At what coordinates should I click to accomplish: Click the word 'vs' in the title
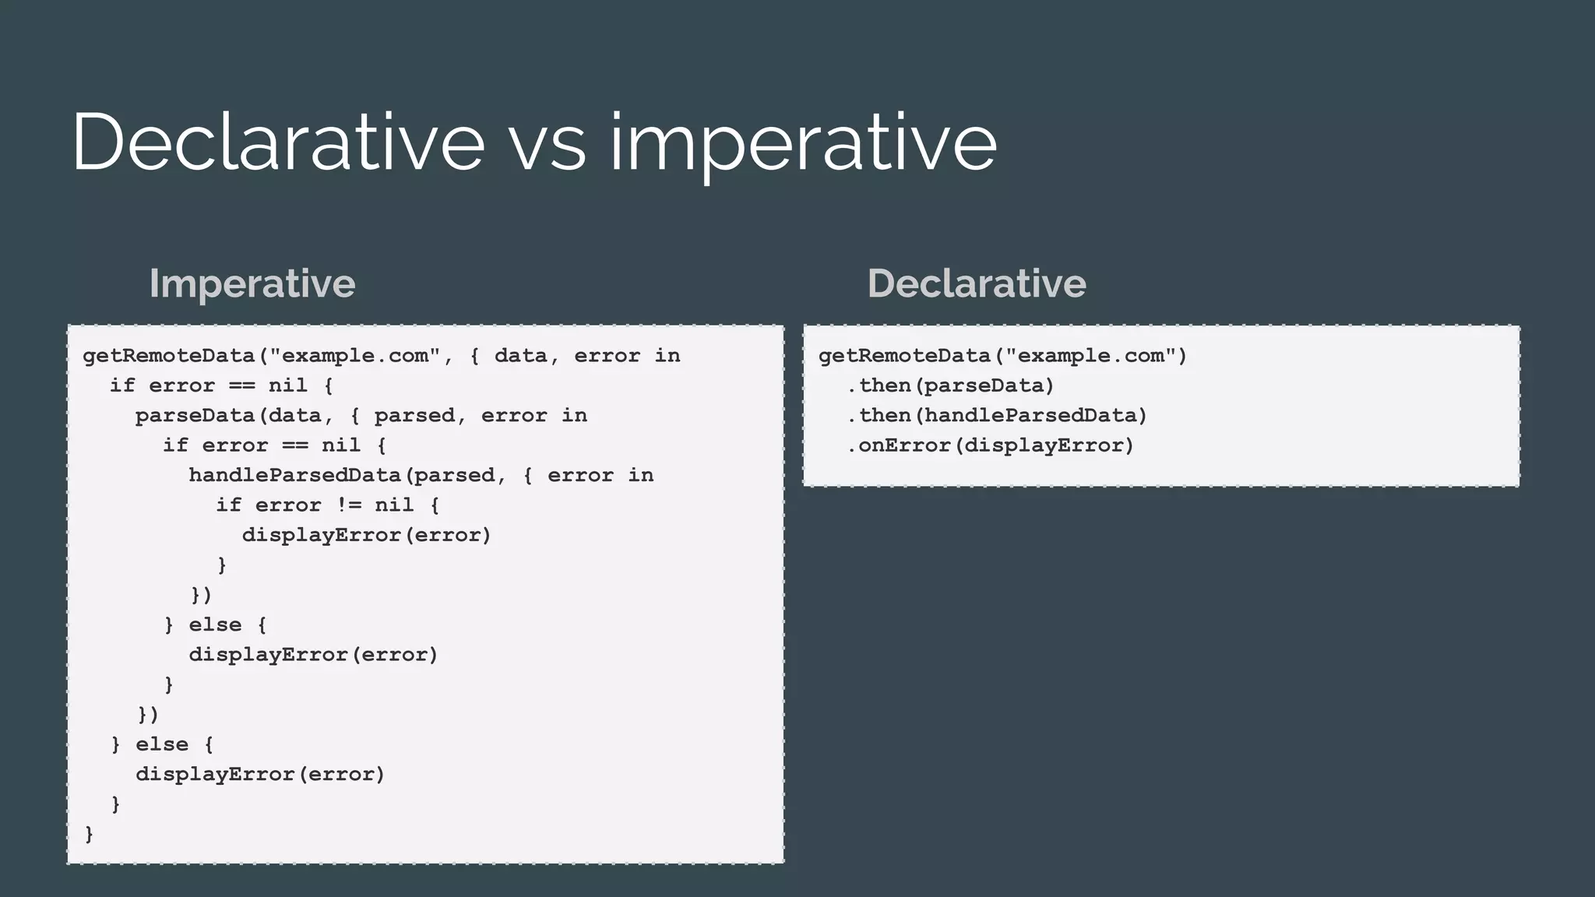547,144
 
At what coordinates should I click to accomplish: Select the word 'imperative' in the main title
802,144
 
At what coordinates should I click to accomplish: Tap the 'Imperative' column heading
252,283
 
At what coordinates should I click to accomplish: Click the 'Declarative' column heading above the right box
977,283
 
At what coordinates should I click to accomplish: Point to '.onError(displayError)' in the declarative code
990,445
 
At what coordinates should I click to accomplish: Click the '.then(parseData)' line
950,385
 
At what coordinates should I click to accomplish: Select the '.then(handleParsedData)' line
997,416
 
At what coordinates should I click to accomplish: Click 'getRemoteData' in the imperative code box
169,356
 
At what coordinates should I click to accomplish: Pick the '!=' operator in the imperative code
348,505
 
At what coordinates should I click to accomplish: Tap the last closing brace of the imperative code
89,834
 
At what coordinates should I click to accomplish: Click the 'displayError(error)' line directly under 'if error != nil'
366,535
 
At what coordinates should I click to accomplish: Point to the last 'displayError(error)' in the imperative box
260,774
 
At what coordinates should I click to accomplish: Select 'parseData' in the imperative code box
195,416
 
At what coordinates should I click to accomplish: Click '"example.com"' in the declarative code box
1090,356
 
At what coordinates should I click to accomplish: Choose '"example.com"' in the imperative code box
355,356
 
